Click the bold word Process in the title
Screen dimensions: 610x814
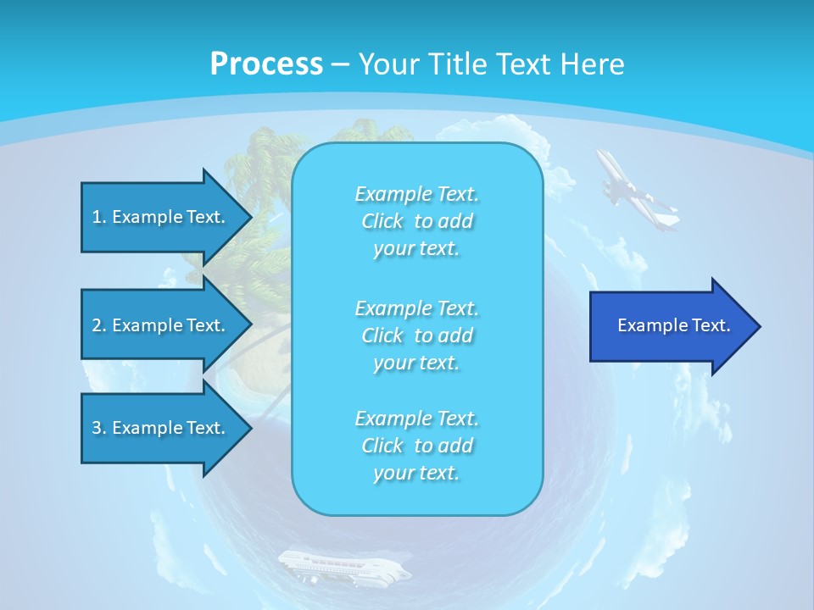266,64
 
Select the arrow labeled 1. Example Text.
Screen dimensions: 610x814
161,217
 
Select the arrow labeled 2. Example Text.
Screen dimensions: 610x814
161,325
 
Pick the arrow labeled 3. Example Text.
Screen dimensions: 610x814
161,428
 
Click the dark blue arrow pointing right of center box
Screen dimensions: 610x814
670,326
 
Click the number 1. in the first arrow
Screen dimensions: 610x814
98,217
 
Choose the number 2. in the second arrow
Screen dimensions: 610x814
98,325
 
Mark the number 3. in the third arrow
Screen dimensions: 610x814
98,428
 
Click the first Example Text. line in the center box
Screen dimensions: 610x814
416,195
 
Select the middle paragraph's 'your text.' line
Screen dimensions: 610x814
416,363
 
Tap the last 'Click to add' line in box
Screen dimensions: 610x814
416,446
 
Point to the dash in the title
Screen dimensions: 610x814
340,64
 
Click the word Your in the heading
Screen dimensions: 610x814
388,64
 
